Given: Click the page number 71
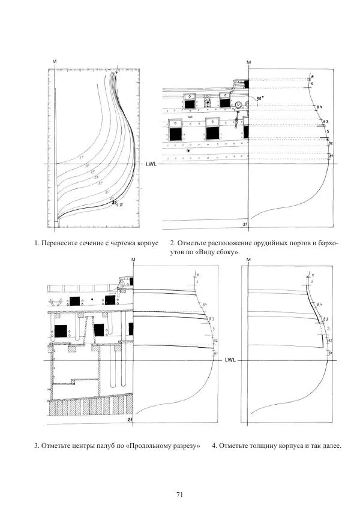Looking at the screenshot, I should click(179, 478).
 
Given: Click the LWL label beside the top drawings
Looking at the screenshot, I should click(152, 164).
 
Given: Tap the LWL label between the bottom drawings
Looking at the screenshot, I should click(231, 361).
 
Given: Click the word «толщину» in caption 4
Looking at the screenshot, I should click(262, 445).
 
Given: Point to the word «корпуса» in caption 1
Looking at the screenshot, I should click(146, 243).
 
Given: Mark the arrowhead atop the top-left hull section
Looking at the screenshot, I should click(117, 73).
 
